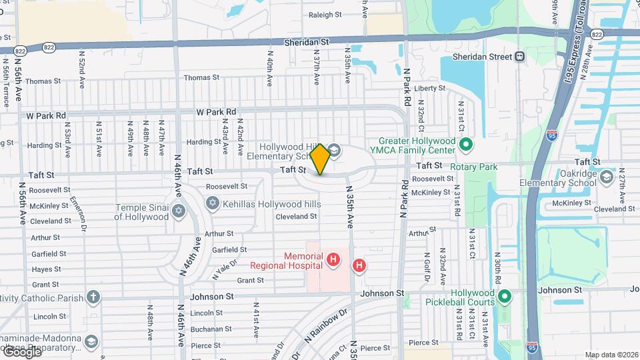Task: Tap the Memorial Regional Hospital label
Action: [287, 260]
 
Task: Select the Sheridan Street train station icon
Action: [519, 57]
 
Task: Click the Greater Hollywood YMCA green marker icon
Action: [467, 143]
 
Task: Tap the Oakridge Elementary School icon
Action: [607, 177]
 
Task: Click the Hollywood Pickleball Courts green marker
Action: [505, 295]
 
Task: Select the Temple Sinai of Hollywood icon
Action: [178, 211]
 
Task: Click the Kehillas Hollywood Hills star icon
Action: [213, 203]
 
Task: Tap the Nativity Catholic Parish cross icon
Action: [93, 296]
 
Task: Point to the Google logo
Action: [21, 351]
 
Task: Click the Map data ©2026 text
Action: [610, 355]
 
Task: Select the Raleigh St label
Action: [325, 14]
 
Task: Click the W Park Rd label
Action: [216, 112]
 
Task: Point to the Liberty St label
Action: [429, 88]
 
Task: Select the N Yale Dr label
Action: [225, 268]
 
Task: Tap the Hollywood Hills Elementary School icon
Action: [334, 151]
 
